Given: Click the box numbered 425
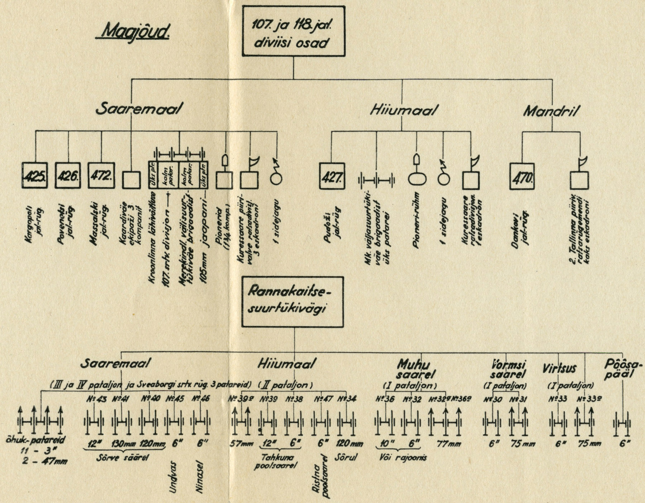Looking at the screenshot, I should pyautogui.click(x=35, y=176).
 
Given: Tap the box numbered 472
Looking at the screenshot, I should pyautogui.click(x=101, y=176).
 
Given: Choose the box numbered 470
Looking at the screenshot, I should pyautogui.click(x=522, y=177).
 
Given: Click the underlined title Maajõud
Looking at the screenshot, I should pyautogui.click(x=132, y=32).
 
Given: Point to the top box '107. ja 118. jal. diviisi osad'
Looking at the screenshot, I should pyautogui.click(x=293, y=31).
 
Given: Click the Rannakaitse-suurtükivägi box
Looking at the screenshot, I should pyautogui.click(x=292, y=302).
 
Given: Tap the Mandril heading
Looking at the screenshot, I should pyautogui.click(x=551, y=111).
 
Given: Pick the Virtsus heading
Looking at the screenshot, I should pyautogui.click(x=559, y=368).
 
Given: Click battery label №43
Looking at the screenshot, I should pyautogui.click(x=96, y=398).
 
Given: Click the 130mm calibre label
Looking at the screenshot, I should pyautogui.click(x=123, y=443).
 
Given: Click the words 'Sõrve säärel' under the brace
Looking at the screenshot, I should pyautogui.click(x=123, y=458).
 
